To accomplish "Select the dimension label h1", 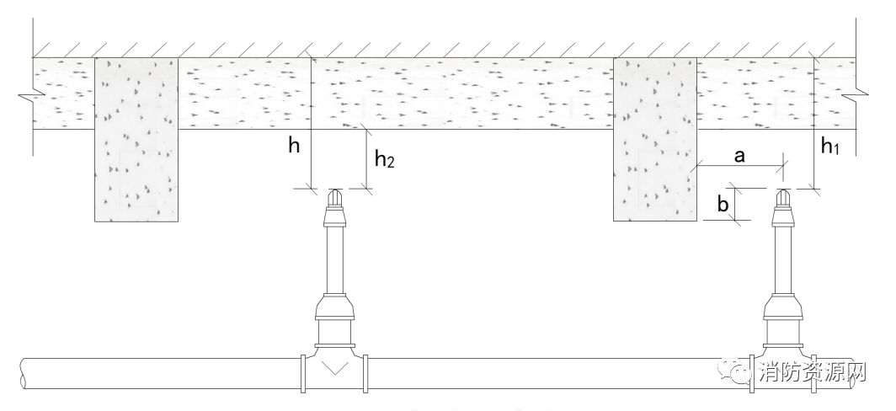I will pos(830,147).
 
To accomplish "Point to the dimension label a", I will pos(739,155).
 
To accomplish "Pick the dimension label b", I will pos(721,204).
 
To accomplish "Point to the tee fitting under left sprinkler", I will pos(334,368).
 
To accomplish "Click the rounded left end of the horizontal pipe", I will pos(24,372).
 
